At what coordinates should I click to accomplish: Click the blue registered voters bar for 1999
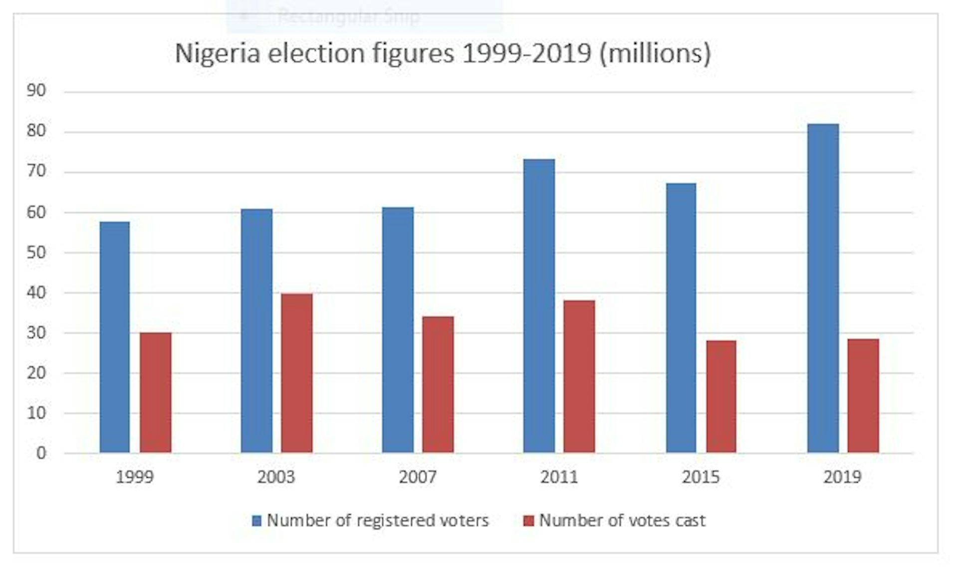point(114,337)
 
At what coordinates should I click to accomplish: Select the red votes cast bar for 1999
point(155,393)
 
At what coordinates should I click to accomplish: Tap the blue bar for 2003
point(256,331)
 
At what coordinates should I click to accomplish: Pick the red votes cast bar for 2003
point(297,373)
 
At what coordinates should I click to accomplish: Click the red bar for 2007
point(438,385)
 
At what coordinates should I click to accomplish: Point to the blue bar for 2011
point(539,306)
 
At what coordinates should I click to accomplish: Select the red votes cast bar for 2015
point(721,397)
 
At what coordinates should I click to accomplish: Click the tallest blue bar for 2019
point(823,288)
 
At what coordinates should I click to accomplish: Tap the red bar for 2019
point(863,396)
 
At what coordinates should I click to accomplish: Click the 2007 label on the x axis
point(417,477)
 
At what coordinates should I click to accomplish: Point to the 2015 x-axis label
point(701,477)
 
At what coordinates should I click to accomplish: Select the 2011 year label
point(559,477)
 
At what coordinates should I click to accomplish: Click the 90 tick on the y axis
point(36,91)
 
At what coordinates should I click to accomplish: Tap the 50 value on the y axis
point(36,252)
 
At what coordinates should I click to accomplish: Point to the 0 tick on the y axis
point(41,453)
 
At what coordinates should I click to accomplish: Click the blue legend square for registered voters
point(256,521)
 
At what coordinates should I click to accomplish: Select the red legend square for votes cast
point(528,521)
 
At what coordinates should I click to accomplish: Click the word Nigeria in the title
point(218,53)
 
